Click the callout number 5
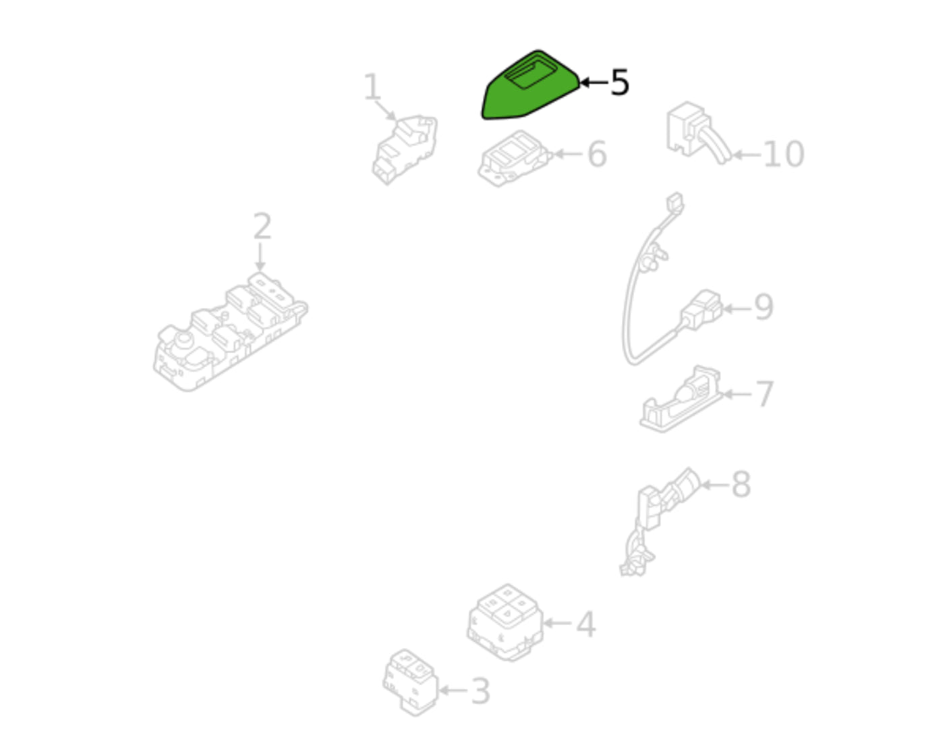(619, 82)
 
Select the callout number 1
(372, 86)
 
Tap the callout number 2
(262, 226)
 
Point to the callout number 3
(480, 691)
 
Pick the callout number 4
(586, 624)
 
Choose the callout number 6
(597, 154)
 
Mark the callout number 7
(764, 394)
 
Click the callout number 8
(741, 484)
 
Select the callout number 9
(763, 307)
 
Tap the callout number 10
(783, 154)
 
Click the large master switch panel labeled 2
(230, 333)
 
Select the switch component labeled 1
(405, 150)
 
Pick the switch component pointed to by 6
(513, 159)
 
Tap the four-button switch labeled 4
(505, 622)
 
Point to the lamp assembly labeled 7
(681, 400)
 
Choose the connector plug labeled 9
(701, 310)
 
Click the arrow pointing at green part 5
(594, 82)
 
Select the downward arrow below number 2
(260, 257)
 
